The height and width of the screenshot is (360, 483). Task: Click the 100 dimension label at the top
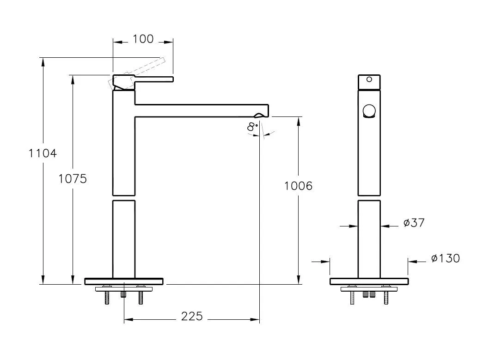point(143,39)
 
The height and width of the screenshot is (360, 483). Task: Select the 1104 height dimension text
point(43,153)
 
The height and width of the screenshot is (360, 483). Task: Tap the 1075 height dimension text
point(73,178)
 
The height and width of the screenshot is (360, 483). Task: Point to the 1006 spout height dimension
point(298,186)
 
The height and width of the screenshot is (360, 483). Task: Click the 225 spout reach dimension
point(191,316)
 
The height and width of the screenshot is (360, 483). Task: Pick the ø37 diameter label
point(414,223)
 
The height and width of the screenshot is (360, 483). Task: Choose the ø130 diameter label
point(445,258)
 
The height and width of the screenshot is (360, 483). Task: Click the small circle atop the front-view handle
point(369,79)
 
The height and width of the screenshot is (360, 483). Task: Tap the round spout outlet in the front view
point(369,111)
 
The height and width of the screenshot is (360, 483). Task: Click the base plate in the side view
point(124,281)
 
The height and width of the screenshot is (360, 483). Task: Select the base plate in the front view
point(369,281)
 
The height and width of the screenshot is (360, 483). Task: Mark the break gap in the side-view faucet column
point(124,198)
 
